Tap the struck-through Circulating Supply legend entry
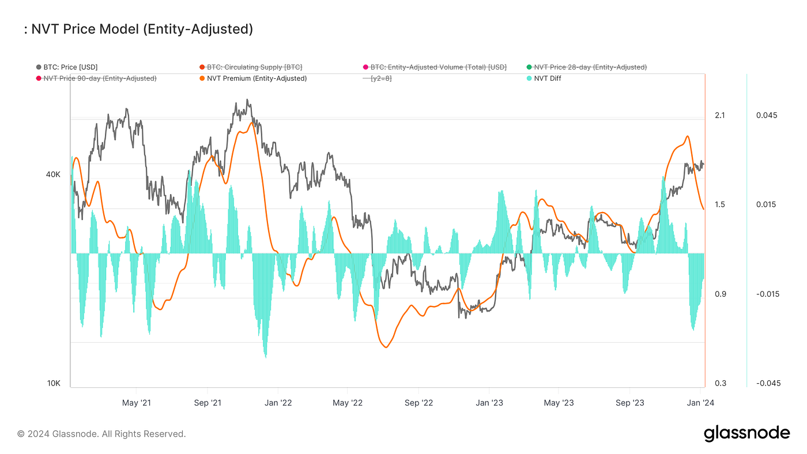[x=254, y=67]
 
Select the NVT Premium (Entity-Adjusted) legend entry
[x=257, y=78]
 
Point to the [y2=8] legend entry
[x=381, y=78]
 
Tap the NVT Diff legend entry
[x=547, y=78]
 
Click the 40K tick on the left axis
[x=53, y=175]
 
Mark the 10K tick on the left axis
[x=54, y=384]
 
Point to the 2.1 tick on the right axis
[x=719, y=115]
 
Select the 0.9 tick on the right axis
[x=719, y=294]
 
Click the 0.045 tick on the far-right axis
[x=767, y=115]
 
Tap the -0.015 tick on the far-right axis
[x=765, y=294]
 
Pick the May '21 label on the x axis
[x=137, y=403]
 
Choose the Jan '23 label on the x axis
[x=489, y=403]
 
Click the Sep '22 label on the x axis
[x=418, y=403]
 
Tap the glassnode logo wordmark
[x=746, y=433]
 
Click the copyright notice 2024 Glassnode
[x=101, y=434]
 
